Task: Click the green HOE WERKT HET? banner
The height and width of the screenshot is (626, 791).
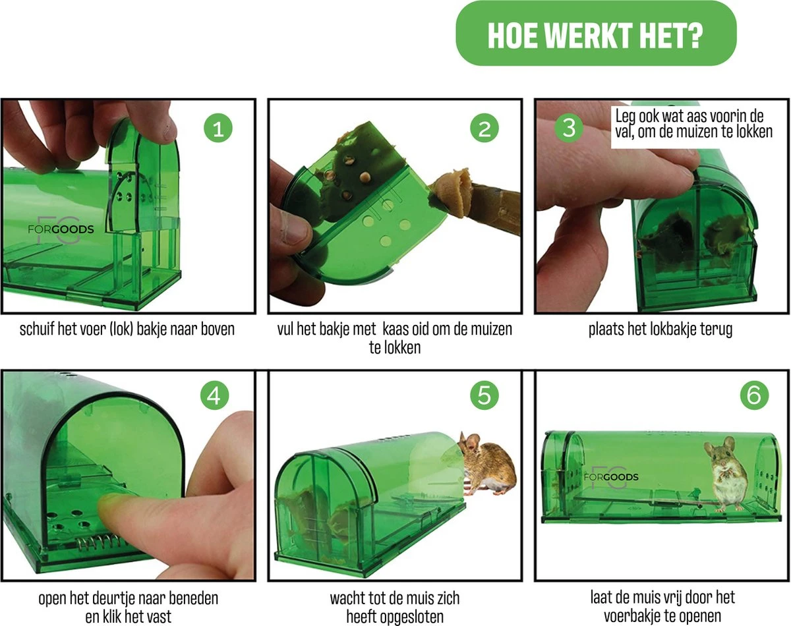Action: click(x=595, y=33)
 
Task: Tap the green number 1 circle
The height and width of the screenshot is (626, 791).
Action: click(x=218, y=128)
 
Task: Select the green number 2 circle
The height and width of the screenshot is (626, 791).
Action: click(x=484, y=128)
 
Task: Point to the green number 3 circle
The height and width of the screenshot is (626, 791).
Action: click(x=569, y=128)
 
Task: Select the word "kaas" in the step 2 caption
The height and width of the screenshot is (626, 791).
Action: click(x=399, y=328)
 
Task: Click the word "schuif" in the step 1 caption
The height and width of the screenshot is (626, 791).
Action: click(x=39, y=328)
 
